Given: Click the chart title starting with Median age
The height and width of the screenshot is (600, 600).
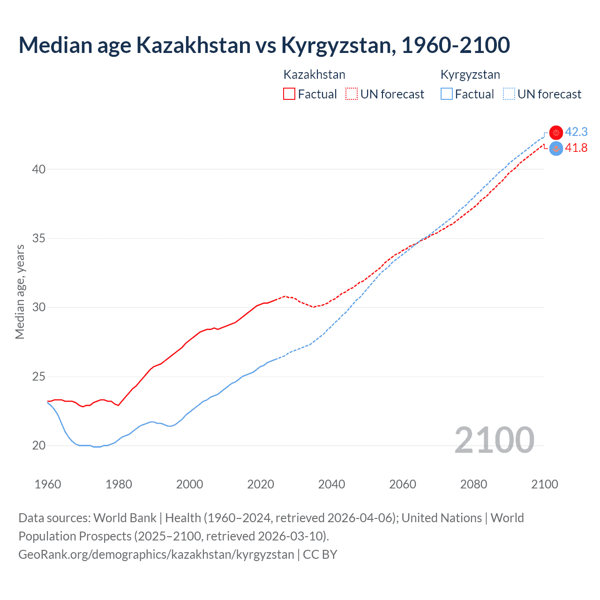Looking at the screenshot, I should click(x=264, y=45).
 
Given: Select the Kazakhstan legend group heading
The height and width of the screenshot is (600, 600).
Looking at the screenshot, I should click(x=314, y=75).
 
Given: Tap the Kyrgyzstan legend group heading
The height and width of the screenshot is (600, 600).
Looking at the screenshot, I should click(x=470, y=75).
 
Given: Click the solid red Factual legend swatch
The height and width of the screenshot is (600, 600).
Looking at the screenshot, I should click(x=289, y=94).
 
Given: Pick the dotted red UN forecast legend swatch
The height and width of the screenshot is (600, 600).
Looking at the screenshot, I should click(x=352, y=94).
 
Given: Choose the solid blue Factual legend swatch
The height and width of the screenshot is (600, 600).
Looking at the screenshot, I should click(x=447, y=94).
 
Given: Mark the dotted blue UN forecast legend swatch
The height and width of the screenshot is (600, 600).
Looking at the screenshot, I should click(x=509, y=94).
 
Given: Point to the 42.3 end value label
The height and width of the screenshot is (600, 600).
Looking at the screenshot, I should click(x=576, y=132).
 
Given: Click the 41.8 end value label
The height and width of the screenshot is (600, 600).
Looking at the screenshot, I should click(x=576, y=148).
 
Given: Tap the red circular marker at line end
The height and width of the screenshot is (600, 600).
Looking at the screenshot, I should click(x=556, y=133).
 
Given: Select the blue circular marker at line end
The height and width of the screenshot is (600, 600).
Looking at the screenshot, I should click(x=556, y=149).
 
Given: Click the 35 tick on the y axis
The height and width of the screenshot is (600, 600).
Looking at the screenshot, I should click(x=38, y=238).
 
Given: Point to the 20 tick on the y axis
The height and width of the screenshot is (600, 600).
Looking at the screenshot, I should click(x=38, y=445).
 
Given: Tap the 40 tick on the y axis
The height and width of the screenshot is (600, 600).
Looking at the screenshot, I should click(x=38, y=169).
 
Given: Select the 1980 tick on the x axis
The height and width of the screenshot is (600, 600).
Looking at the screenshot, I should click(x=119, y=484).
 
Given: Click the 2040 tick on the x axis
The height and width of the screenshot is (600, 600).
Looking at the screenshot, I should click(x=331, y=484).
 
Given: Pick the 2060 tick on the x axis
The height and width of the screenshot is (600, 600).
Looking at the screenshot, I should click(x=403, y=484).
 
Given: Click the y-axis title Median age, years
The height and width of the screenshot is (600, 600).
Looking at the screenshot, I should click(x=20, y=292).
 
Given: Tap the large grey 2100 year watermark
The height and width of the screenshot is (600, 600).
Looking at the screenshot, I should click(x=494, y=440).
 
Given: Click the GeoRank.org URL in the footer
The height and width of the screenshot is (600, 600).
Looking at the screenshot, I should click(x=156, y=554).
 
